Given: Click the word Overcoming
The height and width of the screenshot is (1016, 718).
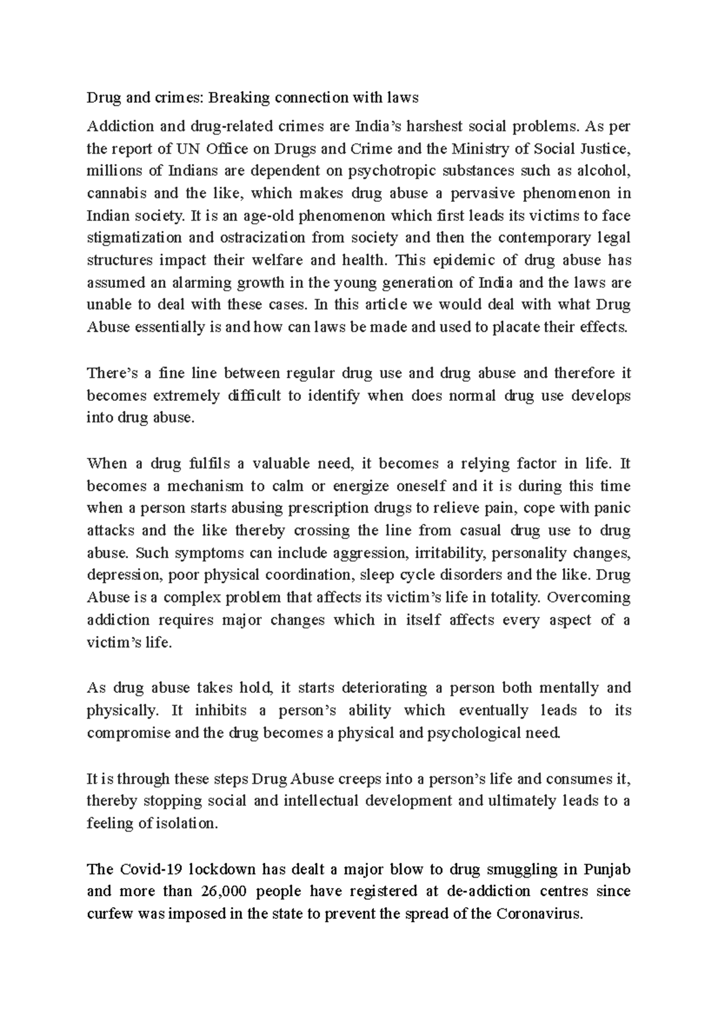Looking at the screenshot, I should pos(589,598).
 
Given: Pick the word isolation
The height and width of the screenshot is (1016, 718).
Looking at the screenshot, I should pos(185,824).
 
